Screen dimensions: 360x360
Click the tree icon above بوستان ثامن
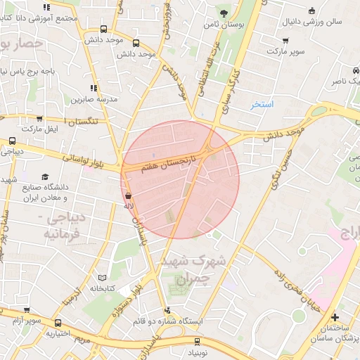pyautogui.click(x=224, y=13)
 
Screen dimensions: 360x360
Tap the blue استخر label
pyautogui.click(x=263, y=104)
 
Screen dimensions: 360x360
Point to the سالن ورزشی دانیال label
pyautogui.click(x=312, y=21)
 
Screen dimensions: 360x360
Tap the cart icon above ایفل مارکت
pyautogui.click(x=39, y=119)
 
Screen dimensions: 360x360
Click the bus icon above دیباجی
pyautogui.click(x=12, y=141)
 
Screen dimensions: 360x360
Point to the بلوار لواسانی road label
pyautogui.click(x=83, y=160)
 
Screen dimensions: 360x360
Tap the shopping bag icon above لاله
pyautogui.click(x=127, y=195)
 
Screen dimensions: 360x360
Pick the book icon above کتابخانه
pyautogui.click(x=103, y=278)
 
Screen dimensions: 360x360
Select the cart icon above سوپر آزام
pyautogui.click(x=28, y=310)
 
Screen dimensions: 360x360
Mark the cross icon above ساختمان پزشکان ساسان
pyautogui.click(x=335, y=317)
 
